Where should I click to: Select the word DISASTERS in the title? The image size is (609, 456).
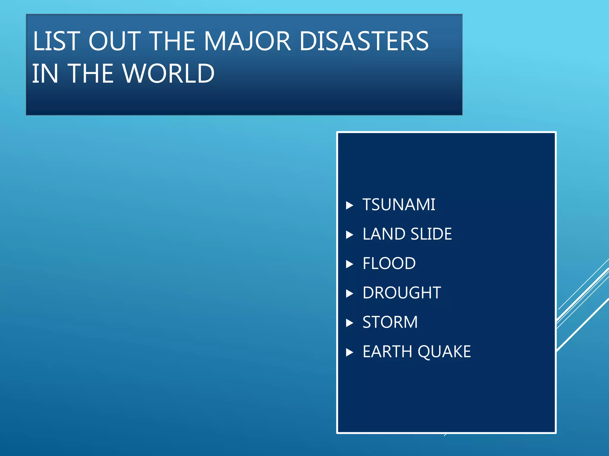[364, 41]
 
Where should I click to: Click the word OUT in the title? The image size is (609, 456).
[114, 41]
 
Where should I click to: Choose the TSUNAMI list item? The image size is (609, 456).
[399, 205]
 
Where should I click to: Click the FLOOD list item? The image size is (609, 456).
[389, 264]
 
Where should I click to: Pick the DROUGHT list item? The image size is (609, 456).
[402, 293]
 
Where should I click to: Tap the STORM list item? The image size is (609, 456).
[390, 322]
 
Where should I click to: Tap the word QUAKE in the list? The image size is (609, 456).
[444, 352]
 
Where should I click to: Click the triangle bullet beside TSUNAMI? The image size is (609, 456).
[350, 205]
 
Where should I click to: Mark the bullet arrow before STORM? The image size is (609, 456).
[350, 323]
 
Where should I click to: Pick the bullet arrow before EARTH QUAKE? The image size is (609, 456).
[350, 352]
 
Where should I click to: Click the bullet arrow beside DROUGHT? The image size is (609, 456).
[350, 294]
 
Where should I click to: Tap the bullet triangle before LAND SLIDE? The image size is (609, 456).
[350, 235]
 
